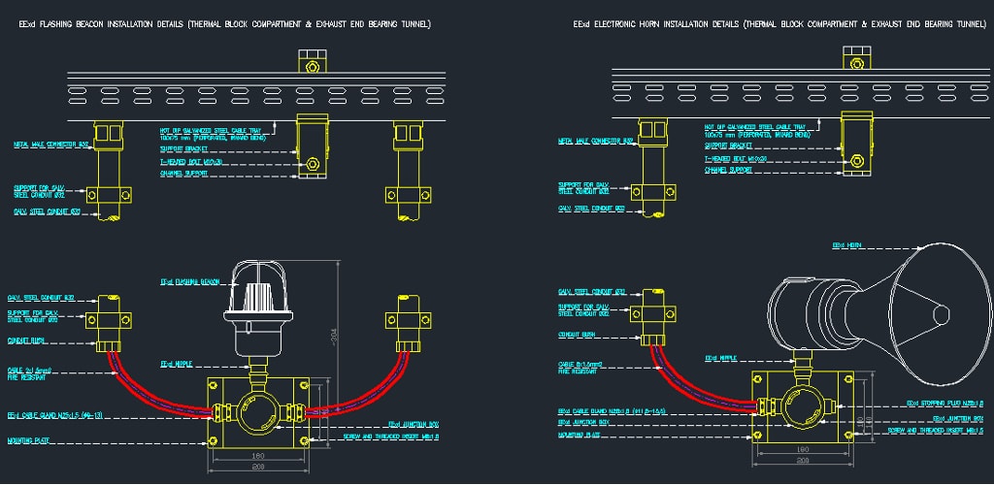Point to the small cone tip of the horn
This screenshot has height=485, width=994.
tap(941, 313)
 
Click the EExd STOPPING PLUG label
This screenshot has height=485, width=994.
tap(945, 402)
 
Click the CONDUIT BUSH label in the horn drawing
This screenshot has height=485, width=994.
tap(577, 334)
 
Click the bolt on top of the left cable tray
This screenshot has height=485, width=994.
tap(312, 66)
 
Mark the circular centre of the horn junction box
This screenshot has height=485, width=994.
tap(805, 405)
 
